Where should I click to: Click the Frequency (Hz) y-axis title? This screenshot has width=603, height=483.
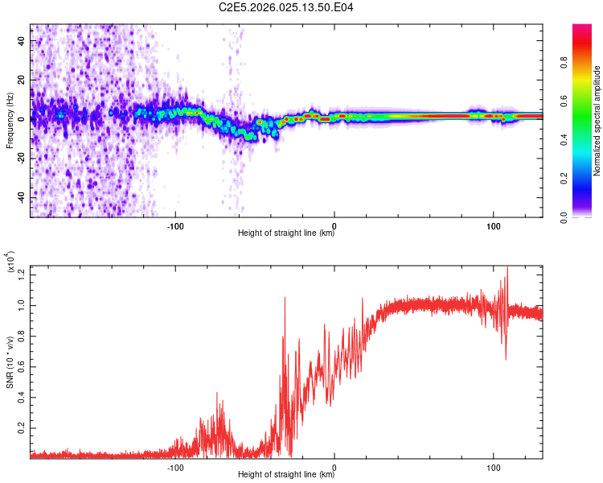click(10, 121)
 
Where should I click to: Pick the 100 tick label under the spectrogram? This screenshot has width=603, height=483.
click(493, 225)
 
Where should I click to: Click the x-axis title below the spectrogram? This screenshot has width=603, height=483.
click(286, 234)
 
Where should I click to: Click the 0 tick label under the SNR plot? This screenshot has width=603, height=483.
click(334, 466)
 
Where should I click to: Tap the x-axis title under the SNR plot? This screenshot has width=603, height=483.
click(286, 476)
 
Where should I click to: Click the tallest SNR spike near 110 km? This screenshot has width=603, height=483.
click(507, 268)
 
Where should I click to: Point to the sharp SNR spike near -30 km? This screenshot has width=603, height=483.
click(285, 298)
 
